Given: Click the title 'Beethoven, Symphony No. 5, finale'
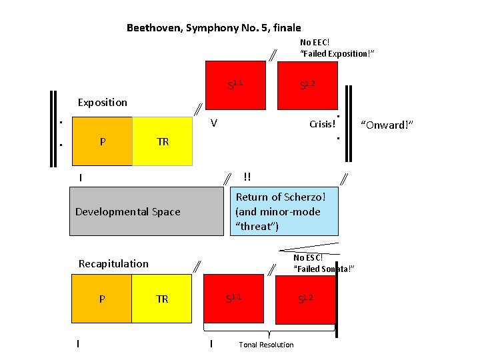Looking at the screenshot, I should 213,28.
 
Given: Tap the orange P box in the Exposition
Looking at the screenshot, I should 101,141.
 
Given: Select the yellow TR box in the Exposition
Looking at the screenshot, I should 163,141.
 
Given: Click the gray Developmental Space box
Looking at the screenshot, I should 146,211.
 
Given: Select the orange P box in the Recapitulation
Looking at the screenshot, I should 101,299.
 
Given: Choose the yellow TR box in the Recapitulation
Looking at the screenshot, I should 163,299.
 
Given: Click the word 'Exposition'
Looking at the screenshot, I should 102,103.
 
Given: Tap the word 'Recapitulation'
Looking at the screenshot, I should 113,263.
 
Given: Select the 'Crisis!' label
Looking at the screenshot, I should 322,125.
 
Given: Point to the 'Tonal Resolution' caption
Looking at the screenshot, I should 266,345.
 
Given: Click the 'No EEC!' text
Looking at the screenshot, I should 315,42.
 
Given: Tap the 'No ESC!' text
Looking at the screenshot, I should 308,258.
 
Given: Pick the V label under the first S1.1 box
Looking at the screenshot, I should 213,123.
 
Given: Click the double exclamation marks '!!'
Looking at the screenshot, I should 247,177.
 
